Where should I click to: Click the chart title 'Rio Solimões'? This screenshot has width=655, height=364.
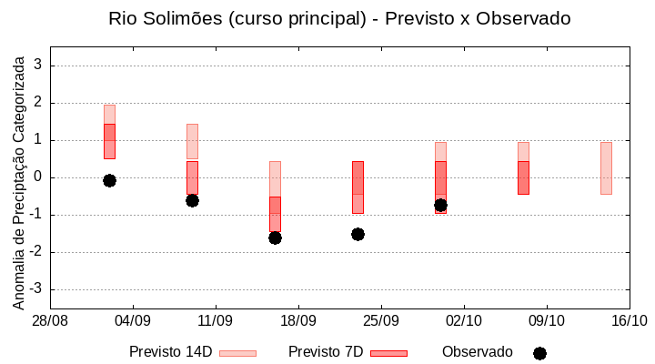[339, 18]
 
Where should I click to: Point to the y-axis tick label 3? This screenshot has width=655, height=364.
[38, 66]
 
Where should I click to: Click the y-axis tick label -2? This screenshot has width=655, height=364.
[35, 252]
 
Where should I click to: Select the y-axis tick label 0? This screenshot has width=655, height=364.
[38, 177]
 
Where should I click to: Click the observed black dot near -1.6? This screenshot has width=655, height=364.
[275, 238]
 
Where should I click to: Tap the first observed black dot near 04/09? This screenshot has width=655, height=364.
[109, 180]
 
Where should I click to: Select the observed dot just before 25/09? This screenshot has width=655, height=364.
[358, 234]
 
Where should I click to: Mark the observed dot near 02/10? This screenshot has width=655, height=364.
[440, 205]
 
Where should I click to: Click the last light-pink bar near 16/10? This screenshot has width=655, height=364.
[606, 168]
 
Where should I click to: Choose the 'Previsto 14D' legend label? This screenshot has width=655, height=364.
[170, 352]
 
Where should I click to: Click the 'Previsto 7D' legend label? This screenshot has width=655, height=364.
[326, 352]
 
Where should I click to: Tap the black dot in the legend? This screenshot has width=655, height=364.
[539, 353]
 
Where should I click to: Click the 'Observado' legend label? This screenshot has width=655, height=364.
[478, 352]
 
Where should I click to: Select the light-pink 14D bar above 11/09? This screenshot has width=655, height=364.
[192, 141]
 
